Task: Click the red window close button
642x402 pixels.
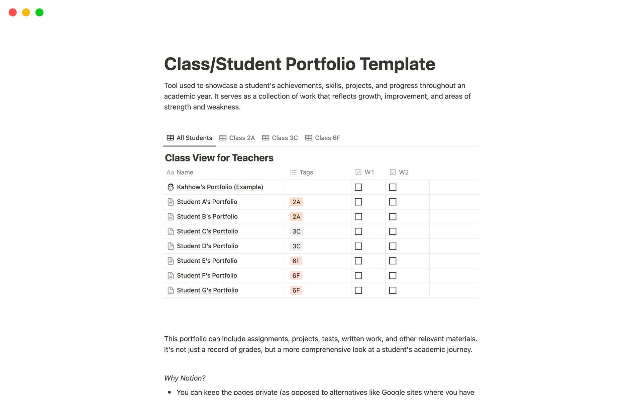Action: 13,12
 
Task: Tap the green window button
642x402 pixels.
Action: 39,12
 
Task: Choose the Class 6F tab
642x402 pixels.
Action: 323,138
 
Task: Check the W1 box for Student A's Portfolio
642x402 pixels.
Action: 358,202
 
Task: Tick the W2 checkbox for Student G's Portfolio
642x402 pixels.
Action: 393,290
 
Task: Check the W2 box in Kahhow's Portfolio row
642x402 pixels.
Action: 393,187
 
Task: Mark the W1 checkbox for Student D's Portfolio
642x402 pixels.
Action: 358,246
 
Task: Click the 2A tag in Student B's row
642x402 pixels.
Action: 296,217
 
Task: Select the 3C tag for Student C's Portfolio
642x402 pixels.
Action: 296,231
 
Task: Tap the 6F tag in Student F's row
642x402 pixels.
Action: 296,276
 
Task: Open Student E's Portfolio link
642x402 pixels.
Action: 207,261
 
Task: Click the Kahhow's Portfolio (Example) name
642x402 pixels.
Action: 220,187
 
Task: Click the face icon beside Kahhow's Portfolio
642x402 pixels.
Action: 171,187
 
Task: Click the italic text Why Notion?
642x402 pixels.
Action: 185,378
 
